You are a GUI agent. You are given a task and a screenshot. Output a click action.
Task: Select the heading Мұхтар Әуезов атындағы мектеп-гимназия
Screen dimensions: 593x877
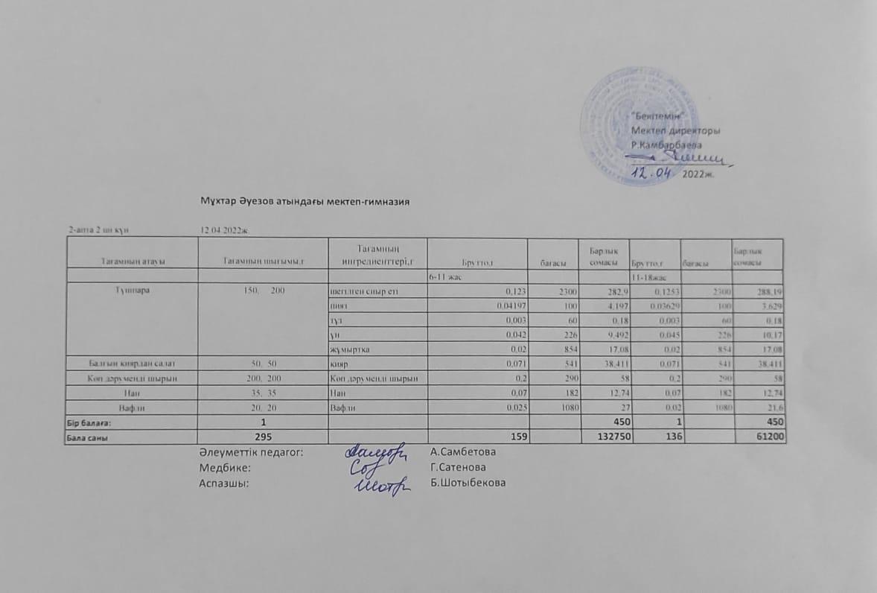[x=306, y=202]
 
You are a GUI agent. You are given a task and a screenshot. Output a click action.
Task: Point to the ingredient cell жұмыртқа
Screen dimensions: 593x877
[x=350, y=348]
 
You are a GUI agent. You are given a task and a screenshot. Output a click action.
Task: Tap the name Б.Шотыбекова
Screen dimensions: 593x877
[x=468, y=483]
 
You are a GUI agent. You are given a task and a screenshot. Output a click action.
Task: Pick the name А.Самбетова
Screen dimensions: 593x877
[x=463, y=452]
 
